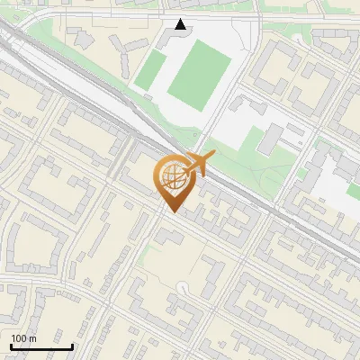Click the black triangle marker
point(181,24)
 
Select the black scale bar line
point(41,346)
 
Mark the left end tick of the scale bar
point(11,345)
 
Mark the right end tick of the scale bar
point(72,345)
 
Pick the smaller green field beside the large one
point(150,71)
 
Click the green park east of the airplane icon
point(270,162)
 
